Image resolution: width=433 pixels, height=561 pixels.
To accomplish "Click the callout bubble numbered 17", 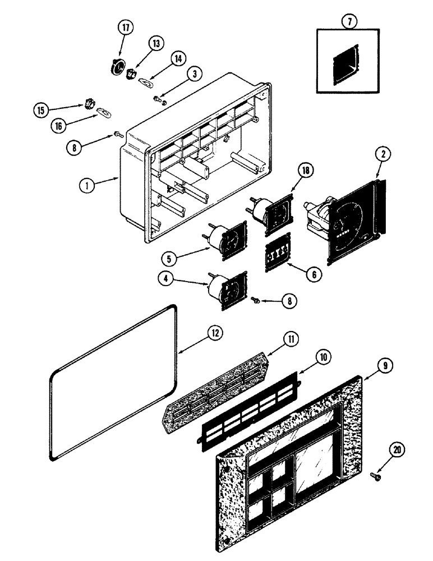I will tap(125, 29).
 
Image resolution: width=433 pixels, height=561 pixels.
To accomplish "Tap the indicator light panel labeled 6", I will tap(278, 252).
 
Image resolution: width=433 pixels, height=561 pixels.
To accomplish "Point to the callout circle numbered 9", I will tap(384, 366).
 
